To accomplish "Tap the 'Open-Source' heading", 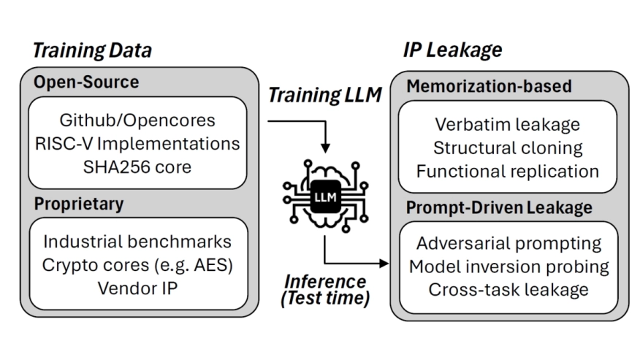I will click(86, 82).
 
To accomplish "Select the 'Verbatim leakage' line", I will click(508, 124).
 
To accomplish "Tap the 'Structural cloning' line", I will click(508, 148).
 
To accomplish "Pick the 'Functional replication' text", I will click(508, 171).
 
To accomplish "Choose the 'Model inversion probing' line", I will click(508, 266).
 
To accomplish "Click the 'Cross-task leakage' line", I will click(508, 289).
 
